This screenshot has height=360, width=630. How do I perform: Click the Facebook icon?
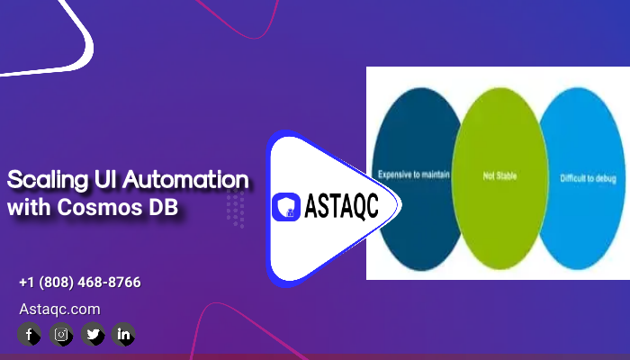(x=29, y=334)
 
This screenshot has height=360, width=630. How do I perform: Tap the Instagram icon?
(x=61, y=334)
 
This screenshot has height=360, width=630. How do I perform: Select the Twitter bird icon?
(x=93, y=334)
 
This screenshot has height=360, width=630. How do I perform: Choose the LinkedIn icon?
(x=123, y=334)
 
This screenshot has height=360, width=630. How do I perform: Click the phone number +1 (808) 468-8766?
(x=80, y=282)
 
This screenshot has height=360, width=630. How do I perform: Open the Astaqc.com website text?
(x=60, y=309)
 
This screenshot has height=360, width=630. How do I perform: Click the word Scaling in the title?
(x=48, y=180)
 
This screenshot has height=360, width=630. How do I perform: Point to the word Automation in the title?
(x=185, y=180)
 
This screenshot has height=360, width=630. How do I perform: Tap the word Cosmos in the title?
(x=100, y=207)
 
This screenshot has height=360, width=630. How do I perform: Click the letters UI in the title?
(x=105, y=179)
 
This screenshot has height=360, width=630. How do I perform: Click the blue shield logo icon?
(x=286, y=207)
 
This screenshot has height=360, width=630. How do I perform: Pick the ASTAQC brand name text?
(x=341, y=206)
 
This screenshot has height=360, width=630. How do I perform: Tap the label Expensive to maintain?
(x=413, y=175)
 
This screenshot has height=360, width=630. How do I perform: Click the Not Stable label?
(x=499, y=176)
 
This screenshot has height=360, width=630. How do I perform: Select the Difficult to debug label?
(x=589, y=178)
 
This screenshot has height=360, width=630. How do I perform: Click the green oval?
(x=499, y=178)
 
